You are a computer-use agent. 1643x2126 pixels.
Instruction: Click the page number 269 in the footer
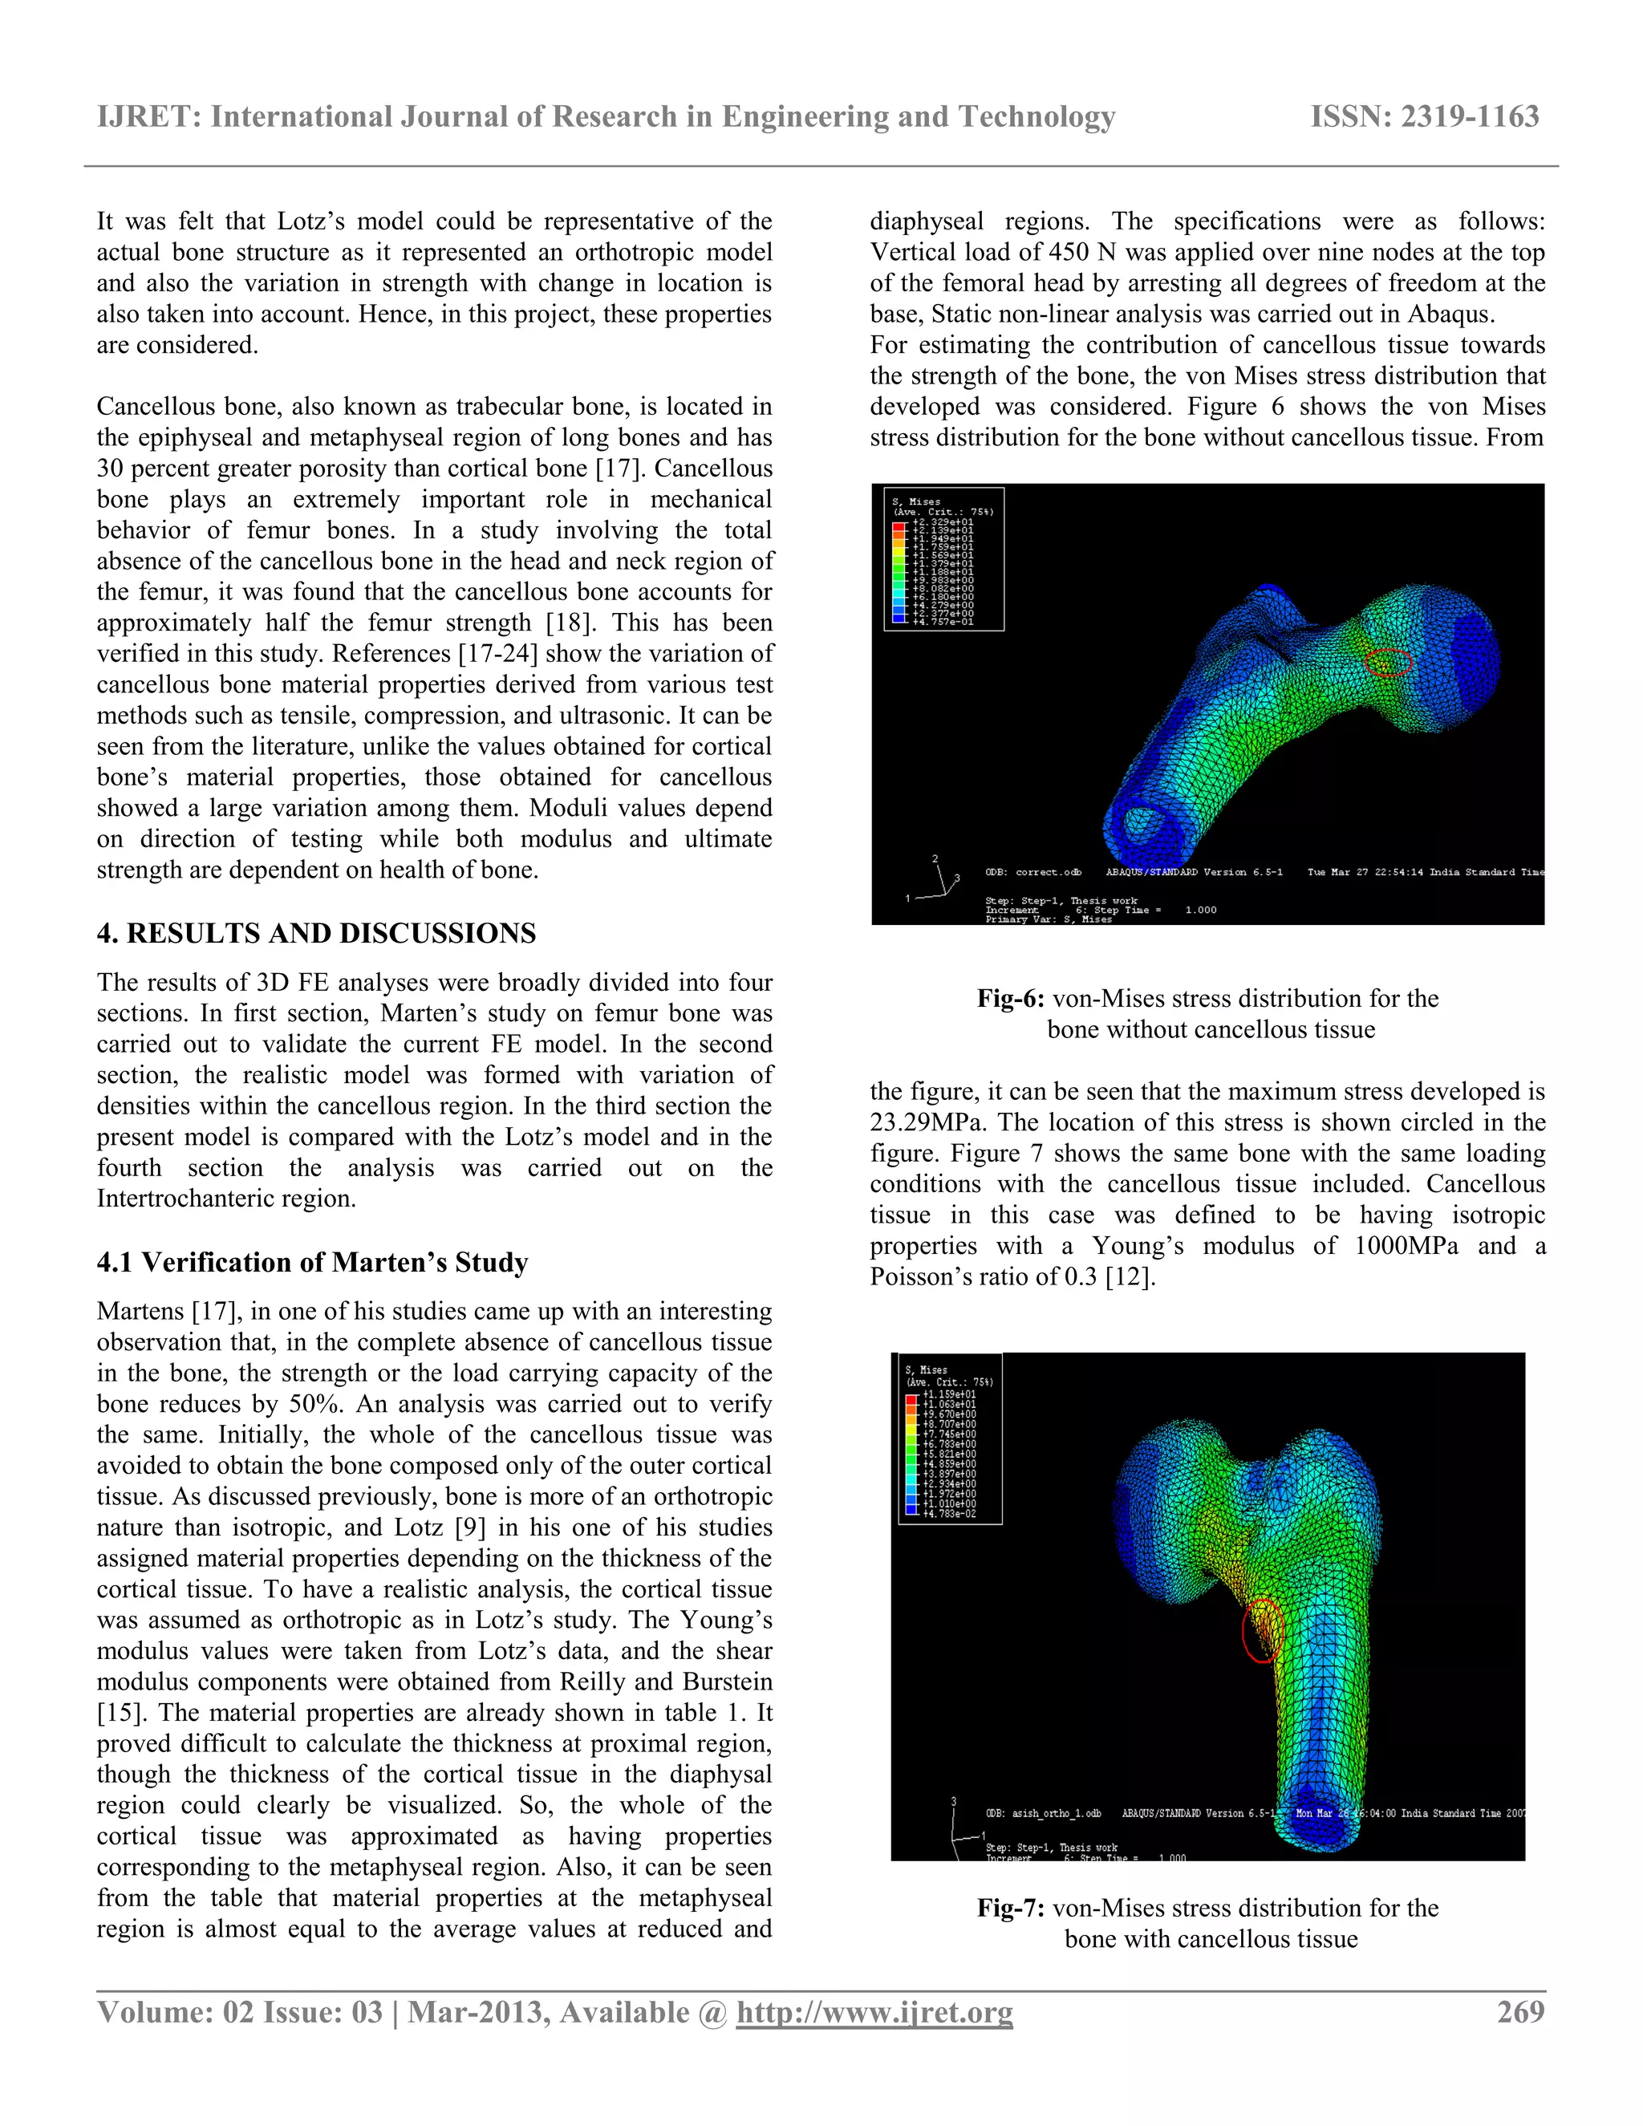[x=1520, y=2011]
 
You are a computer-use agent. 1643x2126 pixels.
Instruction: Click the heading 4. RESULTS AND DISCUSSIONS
[x=316, y=934]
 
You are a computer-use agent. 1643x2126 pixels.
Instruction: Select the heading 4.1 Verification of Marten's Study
[x=312, y=1263]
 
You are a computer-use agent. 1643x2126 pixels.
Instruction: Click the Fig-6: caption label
[x=1010, y=999]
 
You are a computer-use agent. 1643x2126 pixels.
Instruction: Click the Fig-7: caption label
[x=1010, y=1908]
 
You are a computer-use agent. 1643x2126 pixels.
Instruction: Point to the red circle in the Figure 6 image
[x=1387, y=663]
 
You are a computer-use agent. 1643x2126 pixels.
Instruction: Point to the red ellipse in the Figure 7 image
[x=1263, y=1629]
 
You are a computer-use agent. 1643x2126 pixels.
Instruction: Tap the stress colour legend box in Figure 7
[x=949, y=1438]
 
